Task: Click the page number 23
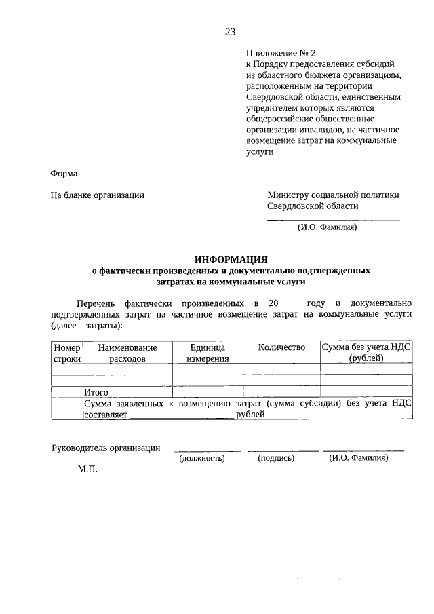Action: (x=230, y=31)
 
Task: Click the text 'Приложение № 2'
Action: (x=281, y=53)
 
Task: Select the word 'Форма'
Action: (x=64, y=173)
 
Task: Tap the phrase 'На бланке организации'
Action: (x=98, y=195)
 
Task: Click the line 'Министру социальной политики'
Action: (x=333, y=195)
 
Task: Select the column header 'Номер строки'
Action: (x=67, y=353)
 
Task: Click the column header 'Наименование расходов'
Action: (x=127, y=353)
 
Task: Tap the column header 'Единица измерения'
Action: (x=208, y=353)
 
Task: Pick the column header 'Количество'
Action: (x=281, y=347)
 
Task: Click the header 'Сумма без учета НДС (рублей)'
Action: (x=366, y=353)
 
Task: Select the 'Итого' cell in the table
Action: (x=96, y=391)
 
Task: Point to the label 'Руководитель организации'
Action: (x=106, y=448)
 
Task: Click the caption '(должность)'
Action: (x=202, y=459)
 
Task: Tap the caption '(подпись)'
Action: (x=276, y=459)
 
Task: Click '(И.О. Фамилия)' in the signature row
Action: (x=359, y=459)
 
